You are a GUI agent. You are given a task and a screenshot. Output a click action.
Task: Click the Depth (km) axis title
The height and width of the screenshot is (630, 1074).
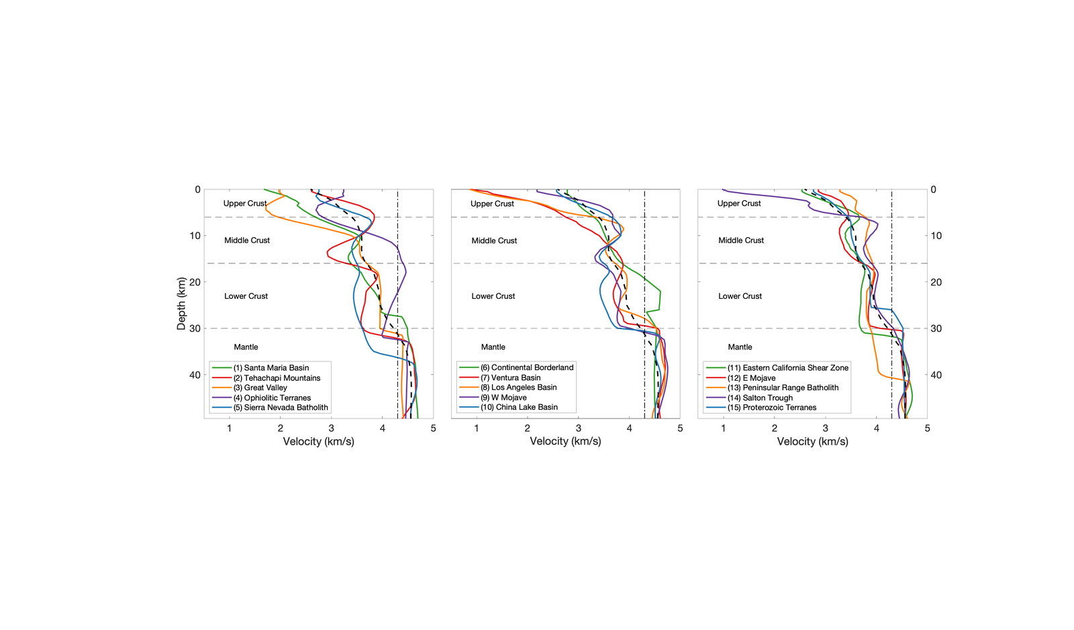tap(181, 304)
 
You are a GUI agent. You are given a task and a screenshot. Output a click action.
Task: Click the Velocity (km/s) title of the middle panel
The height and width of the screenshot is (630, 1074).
tap(565, 441)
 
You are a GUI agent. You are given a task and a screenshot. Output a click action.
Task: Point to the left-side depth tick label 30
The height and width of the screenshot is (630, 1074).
tap(195, 328)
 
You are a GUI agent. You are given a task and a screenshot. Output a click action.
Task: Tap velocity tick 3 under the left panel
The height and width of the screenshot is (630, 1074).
tap(331, 429)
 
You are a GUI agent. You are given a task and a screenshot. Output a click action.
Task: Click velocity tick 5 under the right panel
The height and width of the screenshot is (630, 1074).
tap(927, 429)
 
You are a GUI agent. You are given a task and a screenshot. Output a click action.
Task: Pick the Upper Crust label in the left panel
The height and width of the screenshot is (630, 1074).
tap(245, 204)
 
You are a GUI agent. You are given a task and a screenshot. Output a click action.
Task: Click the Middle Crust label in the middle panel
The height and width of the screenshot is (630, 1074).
tap(494, 240)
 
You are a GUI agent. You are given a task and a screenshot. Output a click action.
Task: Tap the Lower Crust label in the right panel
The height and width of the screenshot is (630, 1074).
tap(740, 296)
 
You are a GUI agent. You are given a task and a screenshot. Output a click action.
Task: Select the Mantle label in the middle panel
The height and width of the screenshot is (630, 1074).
tap(493, 347)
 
